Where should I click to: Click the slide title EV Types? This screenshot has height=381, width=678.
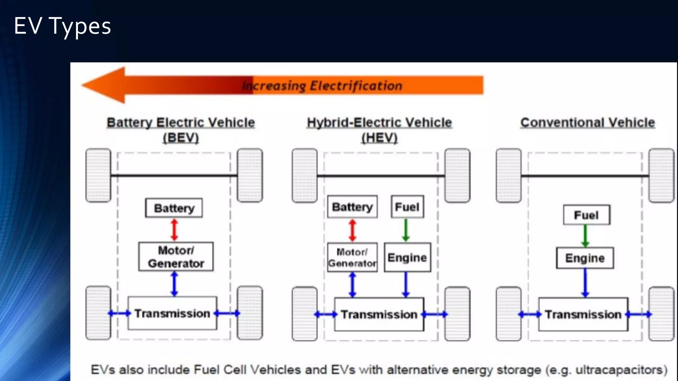pos(62,26)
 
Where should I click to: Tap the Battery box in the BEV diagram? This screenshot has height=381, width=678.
pos(174,208)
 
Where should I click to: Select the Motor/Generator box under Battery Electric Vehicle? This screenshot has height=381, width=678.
pos(176,257)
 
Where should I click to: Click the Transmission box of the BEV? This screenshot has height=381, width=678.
pos(172,313)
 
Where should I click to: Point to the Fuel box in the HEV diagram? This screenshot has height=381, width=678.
pos(407,207)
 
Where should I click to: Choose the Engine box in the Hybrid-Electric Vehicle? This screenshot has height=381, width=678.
pos(407,257)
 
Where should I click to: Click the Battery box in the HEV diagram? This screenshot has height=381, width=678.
pos(352,207)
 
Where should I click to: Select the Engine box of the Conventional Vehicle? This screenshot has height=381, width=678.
pos(585,258)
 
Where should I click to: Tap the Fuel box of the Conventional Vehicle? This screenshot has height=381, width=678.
pos(586,215)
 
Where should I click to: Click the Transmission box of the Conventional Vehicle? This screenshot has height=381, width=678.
pos(583,314)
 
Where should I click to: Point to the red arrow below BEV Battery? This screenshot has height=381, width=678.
pos(174,230)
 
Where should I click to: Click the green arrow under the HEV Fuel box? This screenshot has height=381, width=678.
pos(406,230)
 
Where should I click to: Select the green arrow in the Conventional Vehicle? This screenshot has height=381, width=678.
pos(585,236)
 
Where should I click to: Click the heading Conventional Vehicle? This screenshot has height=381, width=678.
pos(588,122)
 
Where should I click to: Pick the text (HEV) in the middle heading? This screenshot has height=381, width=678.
pos(379,138)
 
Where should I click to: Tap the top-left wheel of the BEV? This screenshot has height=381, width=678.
pos(98,175)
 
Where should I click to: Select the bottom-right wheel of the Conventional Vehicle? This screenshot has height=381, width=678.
pos(661,314)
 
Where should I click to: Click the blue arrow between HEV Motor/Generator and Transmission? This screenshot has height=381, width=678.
pos(353,285)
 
